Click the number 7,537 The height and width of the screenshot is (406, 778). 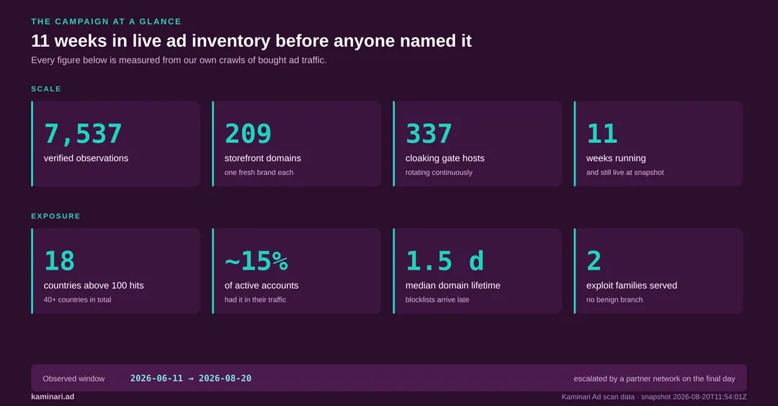pyautogui.click(x=83, y=133)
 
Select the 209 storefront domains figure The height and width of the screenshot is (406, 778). pyautogui.click(x=248, y=133)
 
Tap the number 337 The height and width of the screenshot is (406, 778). pyautogui.click(x=429, y=133)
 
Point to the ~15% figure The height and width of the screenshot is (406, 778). pyautogui.click(x=256, y=261)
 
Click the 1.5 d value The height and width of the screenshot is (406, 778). pyautogui.click(x=444, y=261)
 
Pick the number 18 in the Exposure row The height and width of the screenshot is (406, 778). pyautogui.click(x=60, y=261)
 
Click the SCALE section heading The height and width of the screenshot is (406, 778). pyautogui.click(x=46, y=89)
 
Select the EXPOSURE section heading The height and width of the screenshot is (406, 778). pyautogui.click(x=55, y=216)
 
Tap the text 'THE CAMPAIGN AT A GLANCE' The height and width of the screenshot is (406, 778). pyautogui.click(x=106, y=22)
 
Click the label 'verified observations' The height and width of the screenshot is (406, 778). pyautogui.click(x=86, y=158)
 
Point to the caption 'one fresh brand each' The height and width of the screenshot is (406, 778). pyautogui.click(x=259, y=173)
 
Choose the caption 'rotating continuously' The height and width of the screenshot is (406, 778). pyautogui.click(x=439, y=173)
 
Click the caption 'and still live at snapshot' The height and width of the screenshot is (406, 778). pyautogui.click(x=625, y=173)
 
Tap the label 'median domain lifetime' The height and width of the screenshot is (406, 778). pyautogui.click(x=452, y=286)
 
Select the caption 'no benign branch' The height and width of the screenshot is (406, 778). pyautogui.click(x=614, y=299)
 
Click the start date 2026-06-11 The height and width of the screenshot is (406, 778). pyautogui.click(x=156, y=378)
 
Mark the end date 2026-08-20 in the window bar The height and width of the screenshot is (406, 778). pyautogui.click(x=225, y=378)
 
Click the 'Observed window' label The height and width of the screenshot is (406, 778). pyautogui.click(x=73, y=379)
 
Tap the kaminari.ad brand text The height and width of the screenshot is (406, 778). pyautogui.click(x=53, y=397)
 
